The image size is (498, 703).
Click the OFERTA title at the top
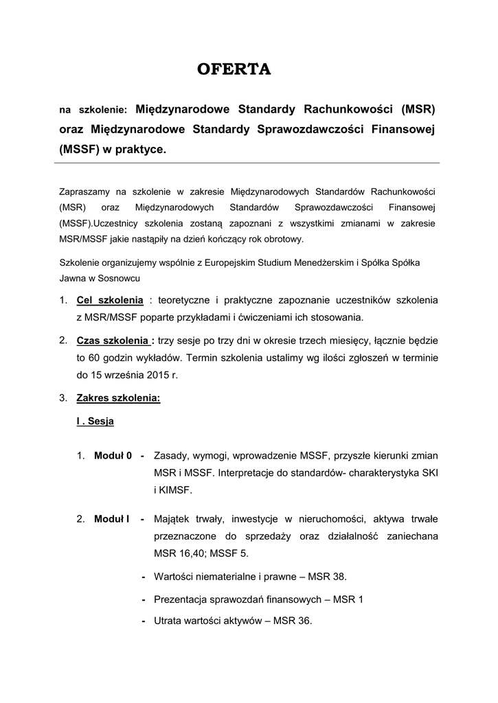[234, 69]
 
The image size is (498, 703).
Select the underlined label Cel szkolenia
[110, 301]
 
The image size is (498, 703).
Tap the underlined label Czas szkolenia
[115, 341]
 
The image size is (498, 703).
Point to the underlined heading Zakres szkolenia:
[118, 398]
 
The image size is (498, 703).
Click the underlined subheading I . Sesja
[95, 422]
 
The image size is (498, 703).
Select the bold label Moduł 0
[113, 455]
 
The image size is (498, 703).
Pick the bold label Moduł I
[111, 518]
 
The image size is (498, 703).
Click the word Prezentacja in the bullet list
[182, 599]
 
